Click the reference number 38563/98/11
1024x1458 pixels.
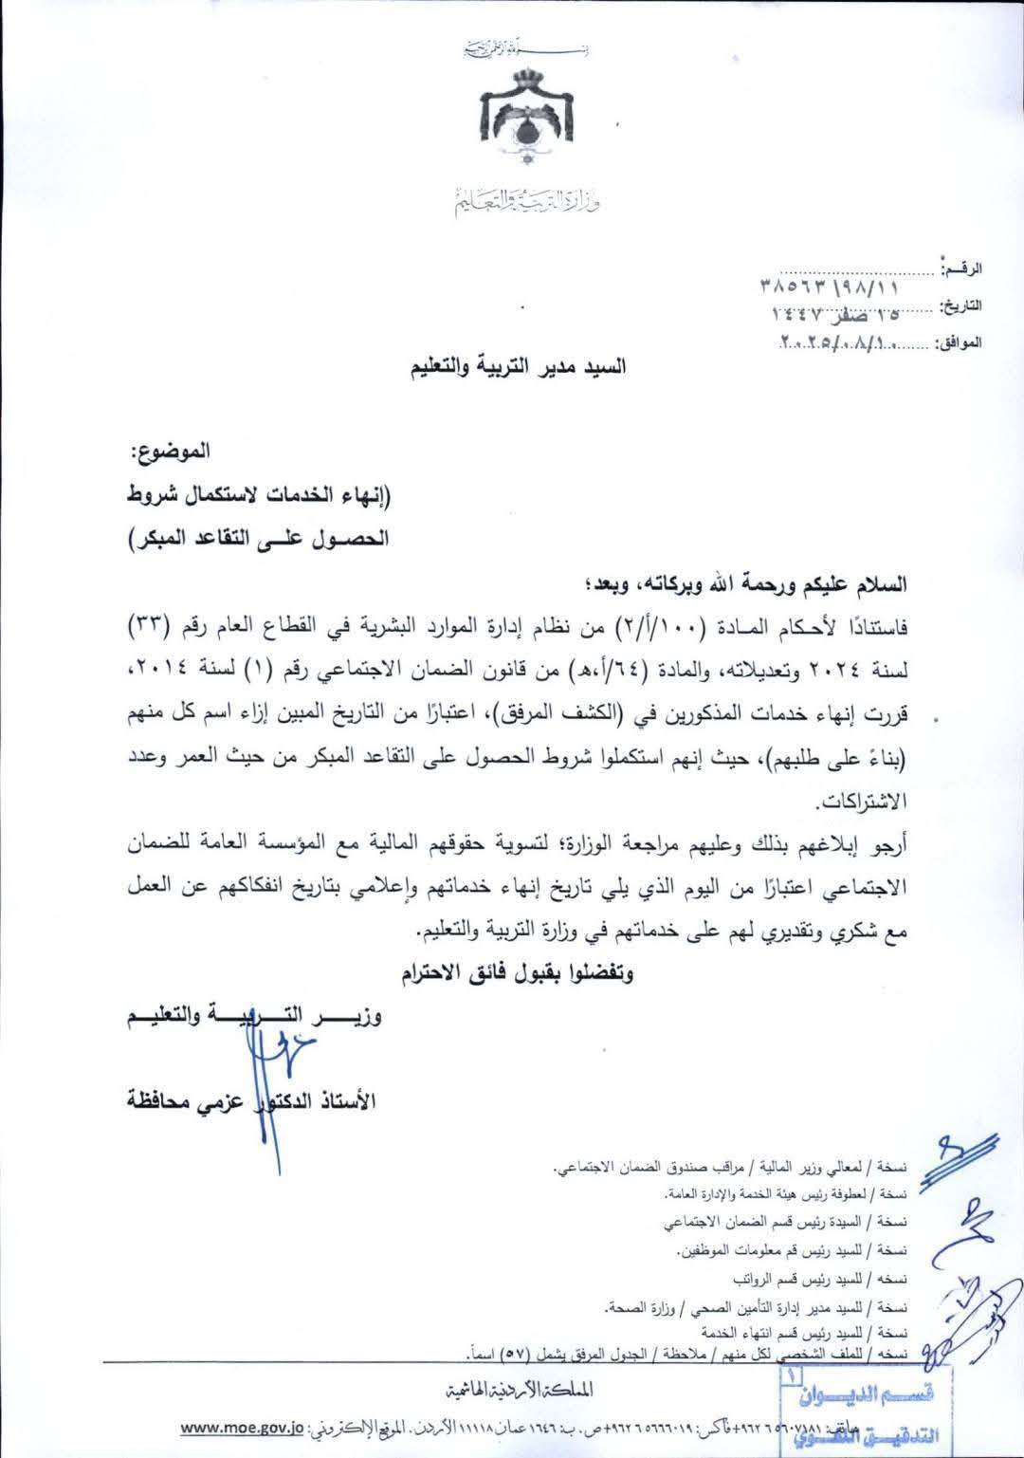click(x=830, y=284)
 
